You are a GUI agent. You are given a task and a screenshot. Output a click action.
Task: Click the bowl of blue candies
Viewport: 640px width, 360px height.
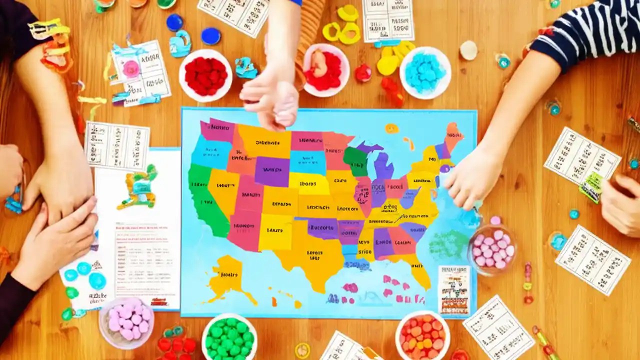425,72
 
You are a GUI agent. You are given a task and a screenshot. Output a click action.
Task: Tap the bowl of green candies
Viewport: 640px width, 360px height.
229,337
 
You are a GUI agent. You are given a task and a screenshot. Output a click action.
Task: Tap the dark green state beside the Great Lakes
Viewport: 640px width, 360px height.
355,160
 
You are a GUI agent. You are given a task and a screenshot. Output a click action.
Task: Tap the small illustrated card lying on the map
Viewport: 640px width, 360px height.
454,289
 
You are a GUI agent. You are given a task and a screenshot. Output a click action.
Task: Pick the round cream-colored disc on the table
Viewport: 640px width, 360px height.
468,50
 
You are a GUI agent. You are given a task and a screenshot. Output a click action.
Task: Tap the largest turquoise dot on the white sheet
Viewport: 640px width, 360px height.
97,280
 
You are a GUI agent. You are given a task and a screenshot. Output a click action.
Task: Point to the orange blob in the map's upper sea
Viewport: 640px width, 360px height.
391,128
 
